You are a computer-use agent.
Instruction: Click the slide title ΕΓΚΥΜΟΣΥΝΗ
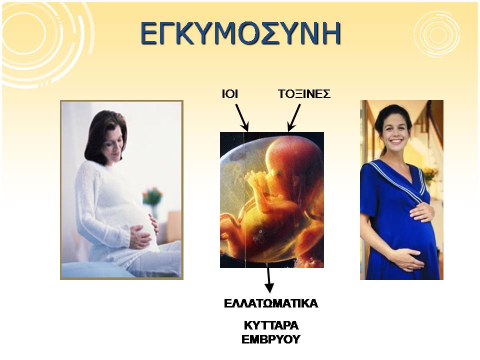240,33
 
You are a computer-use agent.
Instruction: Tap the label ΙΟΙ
230,94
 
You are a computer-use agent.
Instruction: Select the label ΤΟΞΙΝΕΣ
304,94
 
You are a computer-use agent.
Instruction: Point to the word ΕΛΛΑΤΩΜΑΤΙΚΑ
271,303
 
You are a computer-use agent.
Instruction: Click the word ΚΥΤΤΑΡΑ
271,325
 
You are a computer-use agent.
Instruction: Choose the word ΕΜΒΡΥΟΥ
271,339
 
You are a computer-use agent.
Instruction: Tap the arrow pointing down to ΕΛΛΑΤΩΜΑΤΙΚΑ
269,280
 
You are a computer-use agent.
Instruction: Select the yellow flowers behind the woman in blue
430,174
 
